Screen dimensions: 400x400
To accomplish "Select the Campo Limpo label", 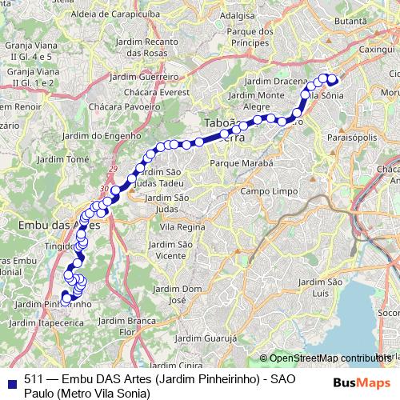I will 268,192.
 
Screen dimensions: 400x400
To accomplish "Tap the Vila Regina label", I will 182,227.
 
